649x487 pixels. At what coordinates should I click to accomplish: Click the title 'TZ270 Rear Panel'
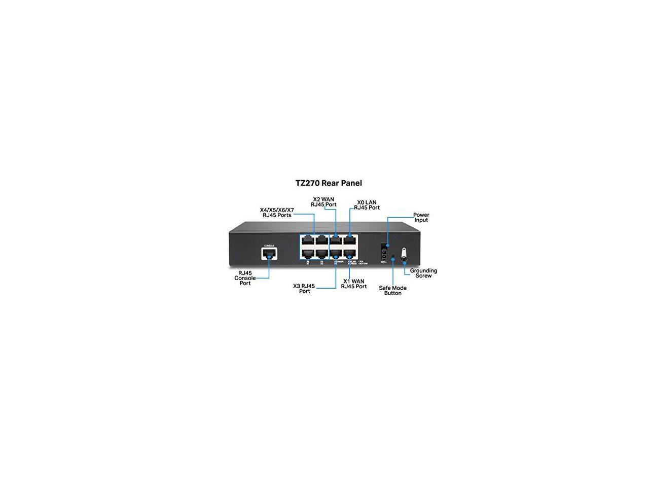coord(329,183)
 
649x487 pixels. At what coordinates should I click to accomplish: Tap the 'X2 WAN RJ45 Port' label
coord(323,202)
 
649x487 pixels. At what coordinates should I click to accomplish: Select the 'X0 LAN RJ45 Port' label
coord(367,205)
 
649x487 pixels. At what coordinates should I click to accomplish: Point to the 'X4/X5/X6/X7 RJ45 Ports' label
coord(277,212)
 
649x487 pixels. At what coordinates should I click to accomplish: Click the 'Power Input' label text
coord(421,217)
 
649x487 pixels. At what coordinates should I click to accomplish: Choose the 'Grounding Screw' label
coord(423,273)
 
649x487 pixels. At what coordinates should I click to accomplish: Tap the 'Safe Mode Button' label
coord(392,290)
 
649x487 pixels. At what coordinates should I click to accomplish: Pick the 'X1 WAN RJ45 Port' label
coord(353,284)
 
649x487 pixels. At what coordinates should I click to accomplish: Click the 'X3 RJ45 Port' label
coord(304,289)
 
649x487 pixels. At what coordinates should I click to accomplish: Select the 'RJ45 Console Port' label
coord(245,278)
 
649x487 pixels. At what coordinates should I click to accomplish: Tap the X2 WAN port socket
coord(336,239)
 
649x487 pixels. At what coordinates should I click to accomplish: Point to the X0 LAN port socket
coord(350,239)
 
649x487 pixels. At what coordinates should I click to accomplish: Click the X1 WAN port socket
coord(350,253)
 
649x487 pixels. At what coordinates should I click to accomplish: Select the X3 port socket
coord(336,253)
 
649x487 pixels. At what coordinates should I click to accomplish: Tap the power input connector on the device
coord(384,252)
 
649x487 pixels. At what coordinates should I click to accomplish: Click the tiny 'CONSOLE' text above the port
coord(269,246)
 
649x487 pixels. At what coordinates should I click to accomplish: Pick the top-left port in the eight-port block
coord(307,239)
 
